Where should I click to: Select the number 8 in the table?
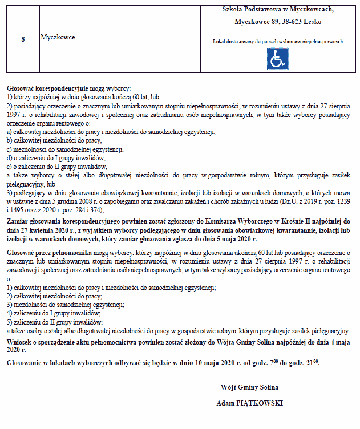22,39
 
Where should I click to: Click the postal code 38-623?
291,22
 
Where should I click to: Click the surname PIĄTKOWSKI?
262,403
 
